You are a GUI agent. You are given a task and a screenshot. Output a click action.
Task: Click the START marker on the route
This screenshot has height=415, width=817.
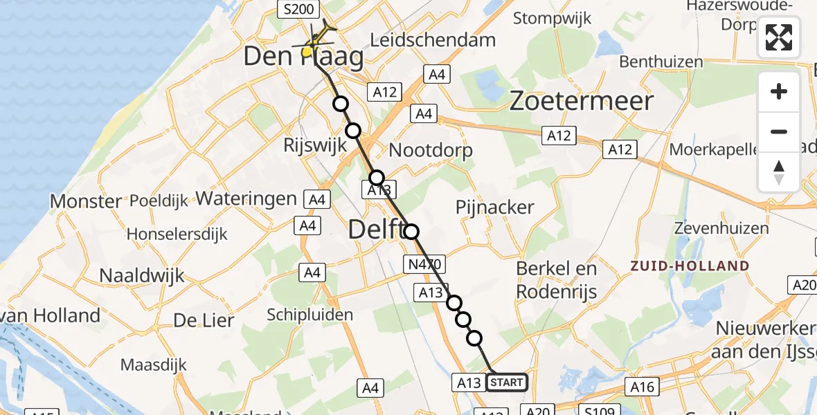507,382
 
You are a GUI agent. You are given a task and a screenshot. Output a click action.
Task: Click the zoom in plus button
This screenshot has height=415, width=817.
779,92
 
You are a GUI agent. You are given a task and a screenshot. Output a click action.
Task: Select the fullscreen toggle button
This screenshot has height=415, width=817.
779,37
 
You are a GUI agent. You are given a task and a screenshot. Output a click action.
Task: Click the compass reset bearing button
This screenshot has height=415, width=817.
779,172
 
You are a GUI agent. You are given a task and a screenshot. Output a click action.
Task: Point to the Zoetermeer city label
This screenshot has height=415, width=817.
582,102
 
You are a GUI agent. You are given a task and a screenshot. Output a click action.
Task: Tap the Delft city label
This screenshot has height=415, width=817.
377,230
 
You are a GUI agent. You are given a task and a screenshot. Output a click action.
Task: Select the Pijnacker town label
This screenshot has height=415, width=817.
494,207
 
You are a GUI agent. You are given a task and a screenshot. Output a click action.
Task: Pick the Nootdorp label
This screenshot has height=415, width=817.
431,150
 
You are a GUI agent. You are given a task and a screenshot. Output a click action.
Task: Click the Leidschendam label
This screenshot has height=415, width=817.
433,39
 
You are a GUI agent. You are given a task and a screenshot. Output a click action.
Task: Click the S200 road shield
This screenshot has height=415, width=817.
298,9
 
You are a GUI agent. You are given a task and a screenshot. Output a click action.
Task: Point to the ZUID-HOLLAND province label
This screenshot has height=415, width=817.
690,266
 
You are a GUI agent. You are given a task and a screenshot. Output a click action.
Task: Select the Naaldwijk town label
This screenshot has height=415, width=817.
142,275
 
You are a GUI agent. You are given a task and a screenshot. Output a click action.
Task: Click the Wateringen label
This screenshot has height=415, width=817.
247,199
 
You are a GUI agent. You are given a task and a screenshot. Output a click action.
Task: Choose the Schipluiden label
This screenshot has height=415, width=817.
310,315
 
